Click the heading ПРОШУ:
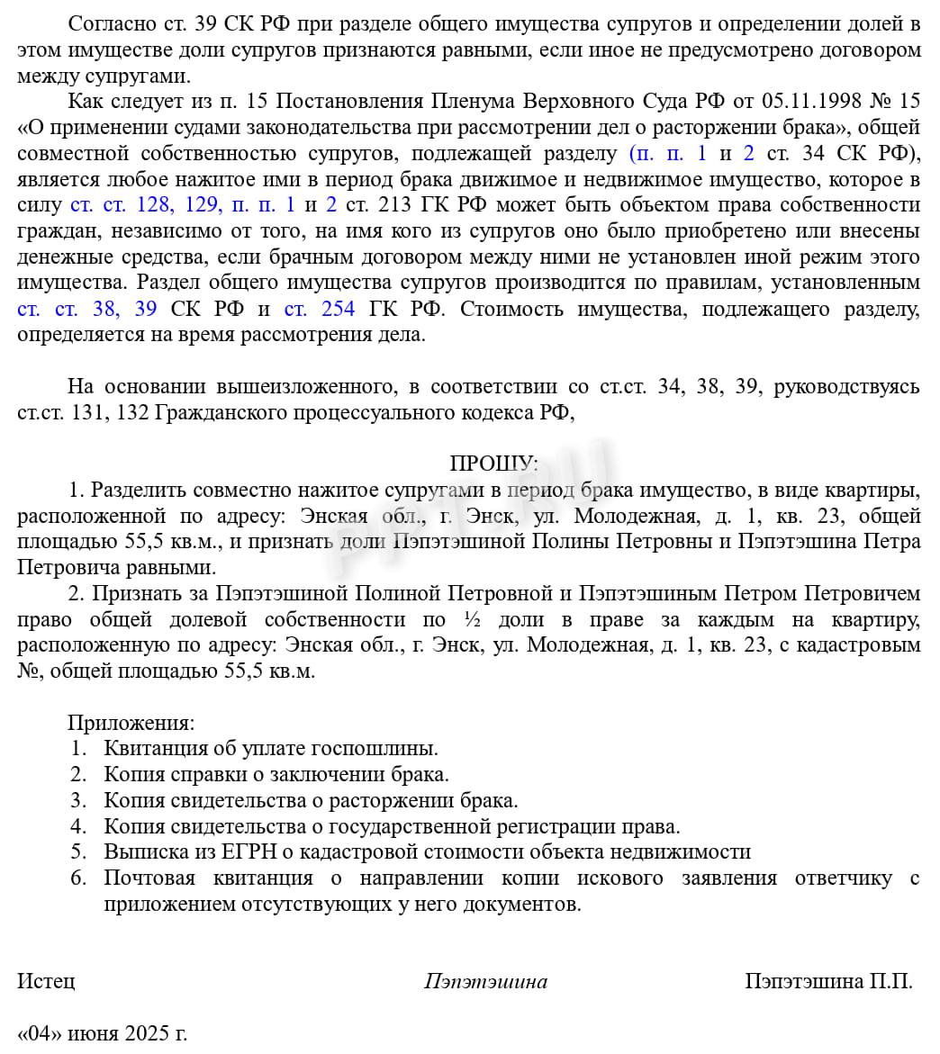tap(493, 464)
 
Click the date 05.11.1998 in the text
tap(817, 101)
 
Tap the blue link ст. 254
tap(319, 310)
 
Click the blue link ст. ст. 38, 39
tap(87, 310)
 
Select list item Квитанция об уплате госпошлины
tap(271, 749)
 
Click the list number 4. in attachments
tap(78, 826)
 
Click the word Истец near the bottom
tap(46, 981)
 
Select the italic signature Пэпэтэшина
tap(485, 981)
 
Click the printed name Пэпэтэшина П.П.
tap(828, 981)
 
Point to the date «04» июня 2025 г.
tap(103, 1033)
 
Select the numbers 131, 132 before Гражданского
tap(104, 413)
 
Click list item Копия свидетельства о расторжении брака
tap(311, 801)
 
